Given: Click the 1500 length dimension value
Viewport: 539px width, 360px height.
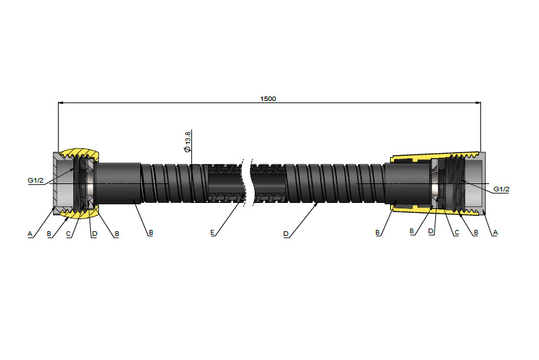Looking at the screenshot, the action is [267, 98].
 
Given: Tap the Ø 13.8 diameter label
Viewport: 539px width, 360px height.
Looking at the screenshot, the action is [187, 142].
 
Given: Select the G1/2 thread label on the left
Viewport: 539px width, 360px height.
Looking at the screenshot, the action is [36, 180].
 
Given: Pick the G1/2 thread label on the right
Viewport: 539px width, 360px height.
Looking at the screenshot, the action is [501, 189].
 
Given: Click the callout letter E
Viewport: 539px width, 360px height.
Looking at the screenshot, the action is [212, 233].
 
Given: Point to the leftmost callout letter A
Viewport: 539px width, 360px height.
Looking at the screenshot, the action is [30, 234].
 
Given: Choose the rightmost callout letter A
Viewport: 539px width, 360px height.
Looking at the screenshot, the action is [495, 233].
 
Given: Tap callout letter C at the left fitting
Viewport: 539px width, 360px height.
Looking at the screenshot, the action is [68, 234].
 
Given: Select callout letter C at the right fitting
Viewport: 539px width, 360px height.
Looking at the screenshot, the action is [457, 233].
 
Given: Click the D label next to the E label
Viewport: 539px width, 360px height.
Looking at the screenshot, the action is [286, 234].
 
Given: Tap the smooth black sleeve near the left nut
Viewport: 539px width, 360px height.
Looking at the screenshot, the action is [118, 183].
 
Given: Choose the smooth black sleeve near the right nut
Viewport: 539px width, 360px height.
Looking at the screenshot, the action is [408, 183].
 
